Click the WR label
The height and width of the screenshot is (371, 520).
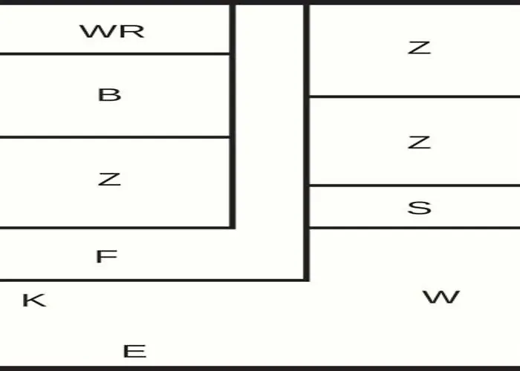[x=112, y=31]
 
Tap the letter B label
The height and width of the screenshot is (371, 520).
[x=109, y=95]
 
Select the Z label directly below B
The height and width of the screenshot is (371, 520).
[x=109, y=180]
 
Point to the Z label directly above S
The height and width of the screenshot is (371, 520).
[x=419, y=142]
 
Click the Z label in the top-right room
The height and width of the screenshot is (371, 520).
[x=419, y=48]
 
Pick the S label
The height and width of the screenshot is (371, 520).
[x=419, y=208]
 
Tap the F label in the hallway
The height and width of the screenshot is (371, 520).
[x=106, y=257]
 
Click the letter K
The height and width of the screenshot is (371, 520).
[x=34, y=301]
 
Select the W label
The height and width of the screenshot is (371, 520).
[x=441, y=297]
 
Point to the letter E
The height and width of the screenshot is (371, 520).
[x=134, y=352]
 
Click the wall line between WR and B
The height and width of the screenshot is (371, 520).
[x=114, y=53]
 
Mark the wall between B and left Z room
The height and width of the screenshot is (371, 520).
[x=114, y=137]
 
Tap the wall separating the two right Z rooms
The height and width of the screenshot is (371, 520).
[x=415, y=96]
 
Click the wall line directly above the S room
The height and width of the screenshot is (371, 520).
[x=415, y=185]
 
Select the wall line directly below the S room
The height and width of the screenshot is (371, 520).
[x=415, y=228]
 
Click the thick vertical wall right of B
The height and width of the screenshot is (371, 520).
[x=233, y=116]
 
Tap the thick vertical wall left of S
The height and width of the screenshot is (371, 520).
[x=307, y=142]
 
